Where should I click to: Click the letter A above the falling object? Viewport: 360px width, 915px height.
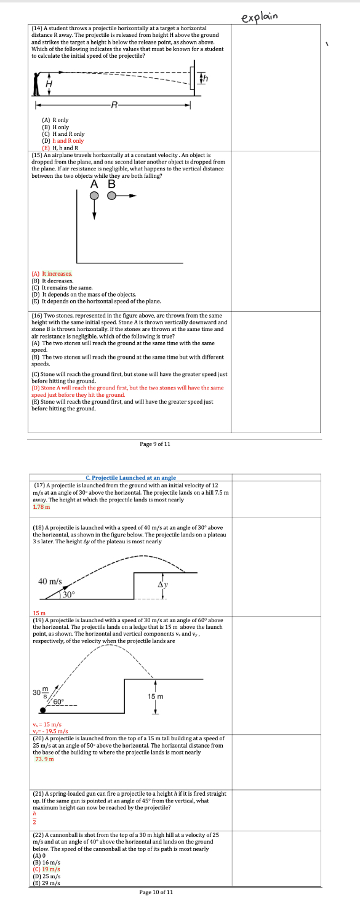coord(94,183)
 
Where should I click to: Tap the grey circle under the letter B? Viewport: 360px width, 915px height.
coord(111,196)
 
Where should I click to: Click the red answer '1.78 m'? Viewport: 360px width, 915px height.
coord(41,507)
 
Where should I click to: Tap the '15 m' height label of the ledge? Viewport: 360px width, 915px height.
coord(156,696)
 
